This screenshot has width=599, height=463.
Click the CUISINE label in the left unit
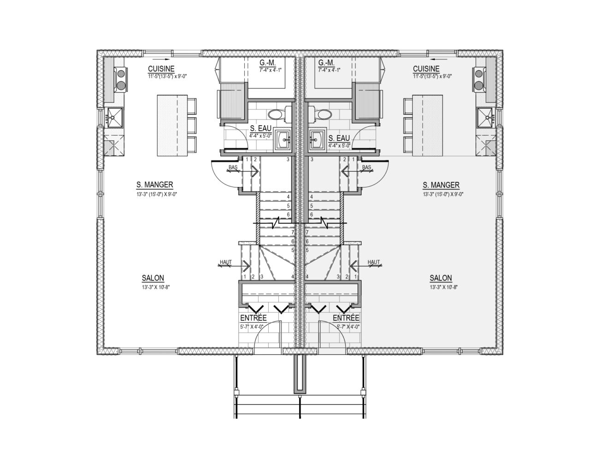pos(161,69)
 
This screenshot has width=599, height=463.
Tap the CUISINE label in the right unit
pos(426,69)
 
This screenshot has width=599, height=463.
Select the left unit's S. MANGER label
pos(155,184)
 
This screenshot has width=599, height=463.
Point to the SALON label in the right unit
pos(441,278)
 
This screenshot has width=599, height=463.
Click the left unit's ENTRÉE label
pos(253,318)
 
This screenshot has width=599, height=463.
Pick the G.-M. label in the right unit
pos(326,63)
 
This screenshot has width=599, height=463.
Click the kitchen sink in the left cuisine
pos(114,117)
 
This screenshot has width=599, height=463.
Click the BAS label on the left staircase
pos(233,167)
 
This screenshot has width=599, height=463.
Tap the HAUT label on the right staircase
pos(374,262)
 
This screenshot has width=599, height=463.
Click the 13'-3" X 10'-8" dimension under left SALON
pos(156,287)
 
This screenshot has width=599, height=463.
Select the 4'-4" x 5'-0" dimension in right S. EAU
pos(339,145)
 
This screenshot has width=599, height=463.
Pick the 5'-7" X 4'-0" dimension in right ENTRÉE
pos(348,327)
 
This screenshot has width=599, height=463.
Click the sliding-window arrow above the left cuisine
pos(161,59)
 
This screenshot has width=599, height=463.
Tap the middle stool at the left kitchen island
pos(192,126)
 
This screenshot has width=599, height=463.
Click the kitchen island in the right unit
pos(427,125)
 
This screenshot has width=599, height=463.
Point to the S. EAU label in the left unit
pos(261,129)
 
